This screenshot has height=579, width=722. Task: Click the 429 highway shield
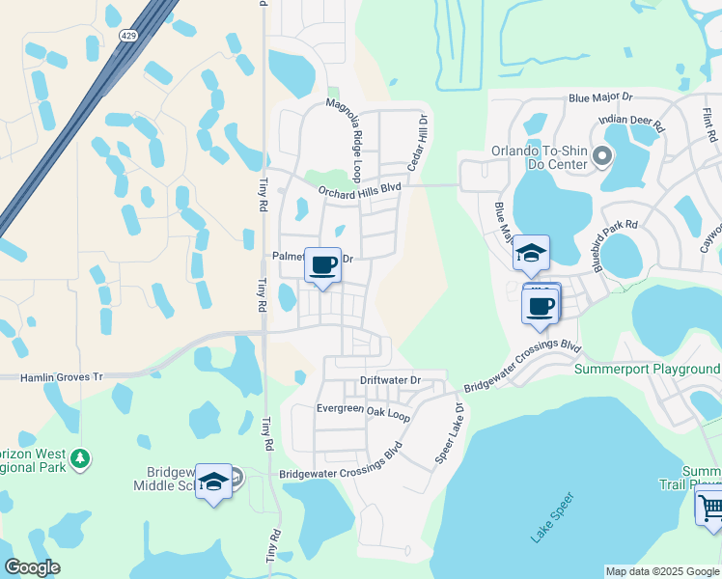tap(127, 36)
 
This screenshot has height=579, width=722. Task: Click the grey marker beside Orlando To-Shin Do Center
tap(603, 154)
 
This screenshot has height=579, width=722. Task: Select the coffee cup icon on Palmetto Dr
tap(323, 263)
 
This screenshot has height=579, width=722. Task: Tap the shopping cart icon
tap(709, 506)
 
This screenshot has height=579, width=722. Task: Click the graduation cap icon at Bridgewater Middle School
tap(213, 482)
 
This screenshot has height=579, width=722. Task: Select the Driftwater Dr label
tap(391, 380)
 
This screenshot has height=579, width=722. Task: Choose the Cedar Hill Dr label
tap(415, 142)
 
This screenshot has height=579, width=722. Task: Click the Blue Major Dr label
tap(599, 97)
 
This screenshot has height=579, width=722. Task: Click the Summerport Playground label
tap(648, 369)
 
